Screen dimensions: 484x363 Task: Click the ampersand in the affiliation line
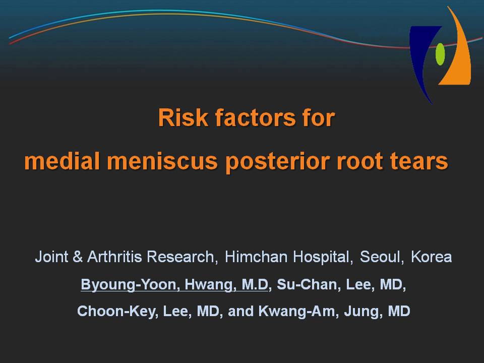(x=78, y=257)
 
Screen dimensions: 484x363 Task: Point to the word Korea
(x=432, y=257)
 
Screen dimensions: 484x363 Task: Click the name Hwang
(x=208, y=284)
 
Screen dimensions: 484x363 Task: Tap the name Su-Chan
(x=307, y=284)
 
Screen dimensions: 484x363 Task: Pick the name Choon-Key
(x=116, y=311)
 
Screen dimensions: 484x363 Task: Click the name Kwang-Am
(x=296, y=311)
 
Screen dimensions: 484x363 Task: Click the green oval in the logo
(x=440, y=54)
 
